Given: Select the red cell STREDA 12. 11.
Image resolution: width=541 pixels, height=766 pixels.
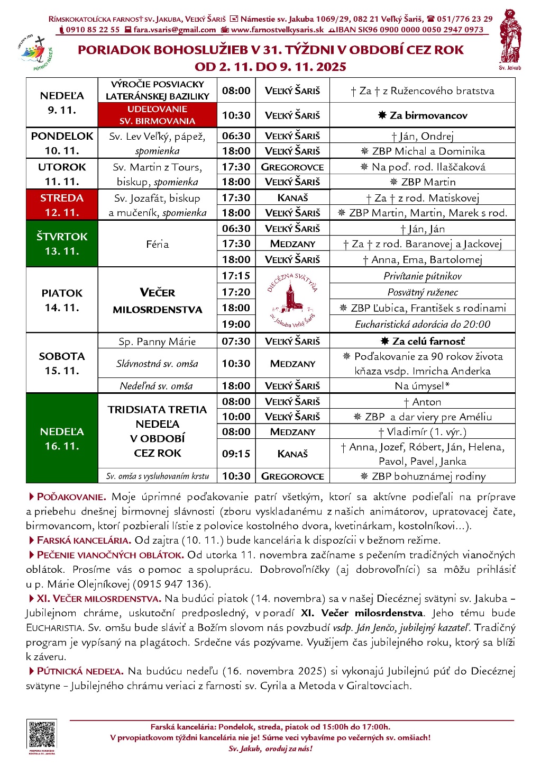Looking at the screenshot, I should pos(62,205).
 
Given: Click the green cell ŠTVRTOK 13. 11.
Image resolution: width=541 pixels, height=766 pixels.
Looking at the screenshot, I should pos(62,244).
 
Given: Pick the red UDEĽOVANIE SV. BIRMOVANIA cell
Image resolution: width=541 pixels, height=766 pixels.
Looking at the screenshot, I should pos(158,115).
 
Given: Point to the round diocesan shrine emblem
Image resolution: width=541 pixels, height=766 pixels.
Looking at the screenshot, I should pos(292,300).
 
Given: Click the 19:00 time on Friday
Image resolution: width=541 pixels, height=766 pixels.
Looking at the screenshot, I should pos(236,324).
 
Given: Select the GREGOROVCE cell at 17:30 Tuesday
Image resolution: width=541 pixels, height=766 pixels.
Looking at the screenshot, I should pos(292,167).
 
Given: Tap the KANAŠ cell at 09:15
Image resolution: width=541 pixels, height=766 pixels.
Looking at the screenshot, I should pos(292,454).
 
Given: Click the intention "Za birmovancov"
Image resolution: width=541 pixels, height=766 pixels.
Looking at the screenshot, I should pos(423,115).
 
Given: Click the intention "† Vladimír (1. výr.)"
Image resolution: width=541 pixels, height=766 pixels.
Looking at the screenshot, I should pos(423,431).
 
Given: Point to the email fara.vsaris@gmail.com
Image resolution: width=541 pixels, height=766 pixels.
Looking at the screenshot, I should pos(175,30).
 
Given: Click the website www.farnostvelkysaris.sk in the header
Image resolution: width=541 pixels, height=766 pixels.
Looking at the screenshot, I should pos(277,30).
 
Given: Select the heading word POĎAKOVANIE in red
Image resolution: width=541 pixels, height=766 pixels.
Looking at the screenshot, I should pos(71,497).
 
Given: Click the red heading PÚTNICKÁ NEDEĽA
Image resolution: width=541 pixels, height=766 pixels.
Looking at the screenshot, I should pos(80,671).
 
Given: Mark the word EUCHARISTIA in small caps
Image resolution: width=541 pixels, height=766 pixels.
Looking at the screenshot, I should pos(54,628).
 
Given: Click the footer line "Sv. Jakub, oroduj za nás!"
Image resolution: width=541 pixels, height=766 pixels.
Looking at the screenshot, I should pos(270,749).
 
